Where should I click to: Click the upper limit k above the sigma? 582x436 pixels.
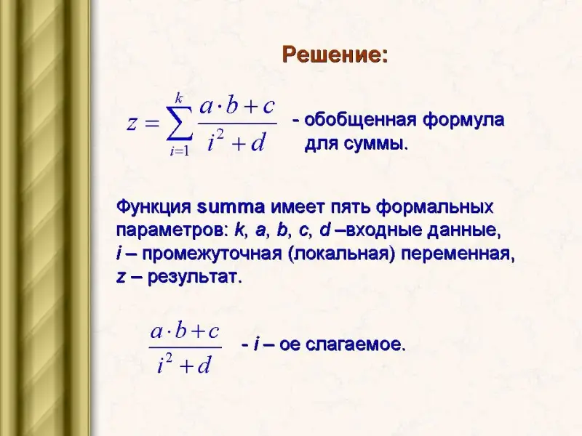click(x=179, y=98)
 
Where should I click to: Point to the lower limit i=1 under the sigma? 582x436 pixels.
click(x=180, y=151)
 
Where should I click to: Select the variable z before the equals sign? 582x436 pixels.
click(x=131, y=124)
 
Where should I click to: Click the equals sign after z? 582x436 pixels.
click(x=152, y=124)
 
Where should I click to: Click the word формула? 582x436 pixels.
click(x=463, y=121)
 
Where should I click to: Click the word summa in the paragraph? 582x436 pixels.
click(x=231, y=207)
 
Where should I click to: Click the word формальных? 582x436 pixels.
click(x=434, y=207)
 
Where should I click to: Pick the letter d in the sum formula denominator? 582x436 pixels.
click(x=258, y=142)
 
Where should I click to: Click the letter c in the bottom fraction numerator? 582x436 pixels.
click(x=213, y=331)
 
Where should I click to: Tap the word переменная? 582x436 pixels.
click(x=458, y=255)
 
